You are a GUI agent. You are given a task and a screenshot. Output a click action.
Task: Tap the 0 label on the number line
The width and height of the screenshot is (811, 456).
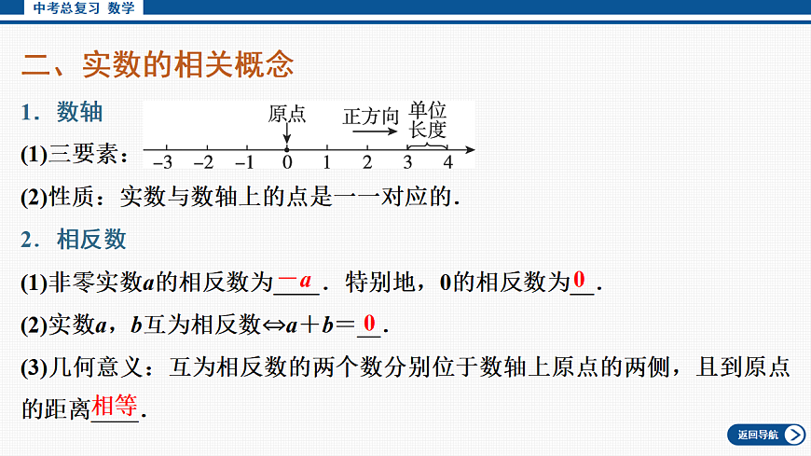(287, 162)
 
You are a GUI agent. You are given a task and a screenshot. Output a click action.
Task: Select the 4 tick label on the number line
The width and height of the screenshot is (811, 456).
(447, 162)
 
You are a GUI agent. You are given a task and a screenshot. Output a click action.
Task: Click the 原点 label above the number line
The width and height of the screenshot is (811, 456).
(287, 114)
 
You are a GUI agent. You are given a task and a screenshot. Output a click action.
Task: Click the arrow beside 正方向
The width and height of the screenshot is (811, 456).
(375, 132)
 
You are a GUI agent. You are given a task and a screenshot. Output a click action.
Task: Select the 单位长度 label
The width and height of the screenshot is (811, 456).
(428, 118)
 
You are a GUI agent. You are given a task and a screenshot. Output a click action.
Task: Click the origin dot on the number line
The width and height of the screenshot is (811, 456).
(287, 149)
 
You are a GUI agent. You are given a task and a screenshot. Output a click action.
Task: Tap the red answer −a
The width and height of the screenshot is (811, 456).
(297, 280)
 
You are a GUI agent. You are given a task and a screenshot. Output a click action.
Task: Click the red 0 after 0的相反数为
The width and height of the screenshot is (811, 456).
(580, 280)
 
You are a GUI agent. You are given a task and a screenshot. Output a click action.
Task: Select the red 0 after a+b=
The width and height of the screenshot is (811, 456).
(370, 324)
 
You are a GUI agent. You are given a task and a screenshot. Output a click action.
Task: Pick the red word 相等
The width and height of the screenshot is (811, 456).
(115, 406)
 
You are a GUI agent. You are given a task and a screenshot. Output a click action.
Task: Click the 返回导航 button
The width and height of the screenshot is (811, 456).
(765, 435)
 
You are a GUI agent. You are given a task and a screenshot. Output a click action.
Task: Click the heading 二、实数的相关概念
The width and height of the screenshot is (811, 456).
(158, 64)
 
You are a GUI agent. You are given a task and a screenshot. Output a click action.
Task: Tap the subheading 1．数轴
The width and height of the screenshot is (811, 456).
(62, 113)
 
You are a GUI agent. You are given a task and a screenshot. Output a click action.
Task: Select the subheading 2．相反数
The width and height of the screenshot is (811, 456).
(74, 240)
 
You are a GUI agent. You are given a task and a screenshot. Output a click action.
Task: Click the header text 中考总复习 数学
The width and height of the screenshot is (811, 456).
(83, 7)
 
